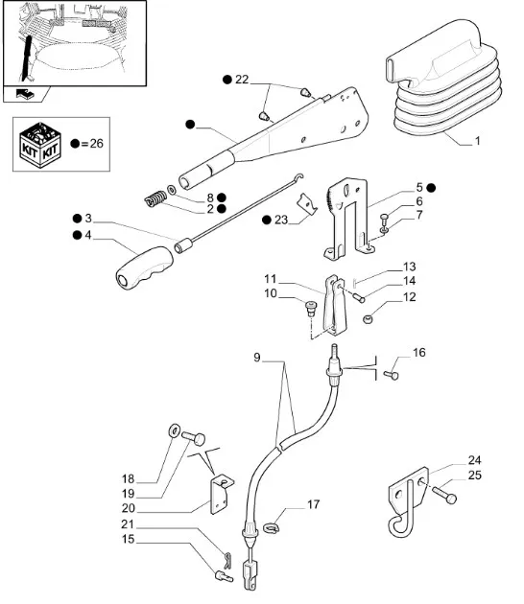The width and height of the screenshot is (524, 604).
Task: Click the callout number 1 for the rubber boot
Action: tap(477, 141)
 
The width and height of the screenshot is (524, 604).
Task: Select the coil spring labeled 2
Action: tap(155, 198)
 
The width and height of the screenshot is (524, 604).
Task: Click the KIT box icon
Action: tap(40, 145)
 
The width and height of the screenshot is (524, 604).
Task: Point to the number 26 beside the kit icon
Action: tap(96, 143)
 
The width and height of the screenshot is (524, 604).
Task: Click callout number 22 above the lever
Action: tap(242, 80)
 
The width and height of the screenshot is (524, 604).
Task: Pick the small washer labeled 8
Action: tap(172, 190)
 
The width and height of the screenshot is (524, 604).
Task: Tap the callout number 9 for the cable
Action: tap(257, 358)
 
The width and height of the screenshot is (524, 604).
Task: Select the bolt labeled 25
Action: tap(444, 494)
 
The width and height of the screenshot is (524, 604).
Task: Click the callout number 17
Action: tap(314, 504)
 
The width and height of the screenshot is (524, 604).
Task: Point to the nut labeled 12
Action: tap(369, 319)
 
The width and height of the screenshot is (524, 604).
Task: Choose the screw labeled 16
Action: tap(391, 375)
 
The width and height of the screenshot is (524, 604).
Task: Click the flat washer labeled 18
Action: tap(174, 430)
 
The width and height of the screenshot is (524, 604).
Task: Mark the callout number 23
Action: tap(281, 220)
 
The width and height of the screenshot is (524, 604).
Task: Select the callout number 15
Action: tap(128, 539)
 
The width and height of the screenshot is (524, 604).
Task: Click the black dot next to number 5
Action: tap(431, 188)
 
